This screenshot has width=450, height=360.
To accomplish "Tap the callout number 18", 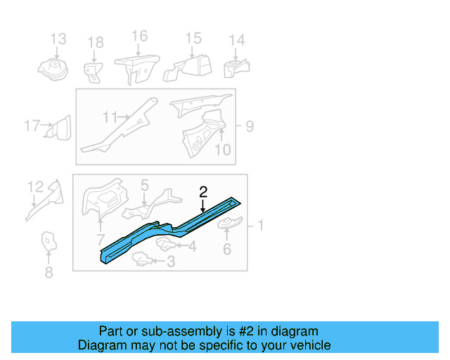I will point(96,44).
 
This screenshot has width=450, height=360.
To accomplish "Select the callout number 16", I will point(139,36).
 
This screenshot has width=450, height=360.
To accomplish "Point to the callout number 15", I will point(193,38).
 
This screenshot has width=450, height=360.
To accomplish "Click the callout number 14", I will point(237,40).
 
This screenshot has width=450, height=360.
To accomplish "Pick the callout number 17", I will point(32,127).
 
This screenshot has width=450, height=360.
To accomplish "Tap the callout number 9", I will point(250,127).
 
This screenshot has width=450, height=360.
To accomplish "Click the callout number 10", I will point(222,149).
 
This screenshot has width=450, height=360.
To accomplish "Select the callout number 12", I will point(35,186).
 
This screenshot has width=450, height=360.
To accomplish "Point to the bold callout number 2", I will point(203,191).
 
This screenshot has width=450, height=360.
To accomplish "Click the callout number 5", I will point(144,186).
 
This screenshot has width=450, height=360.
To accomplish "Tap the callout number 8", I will point(49,273).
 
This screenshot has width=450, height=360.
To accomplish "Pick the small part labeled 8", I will point(48,241).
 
